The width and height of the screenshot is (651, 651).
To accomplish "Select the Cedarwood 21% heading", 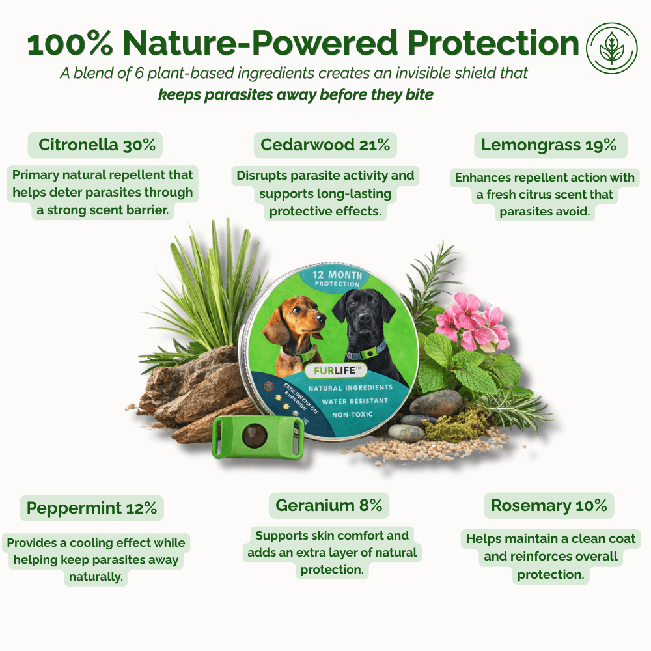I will [325, 145].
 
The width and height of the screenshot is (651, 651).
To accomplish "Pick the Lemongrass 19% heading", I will [549, 145].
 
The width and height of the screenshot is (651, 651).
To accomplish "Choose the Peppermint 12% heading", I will [92, 507].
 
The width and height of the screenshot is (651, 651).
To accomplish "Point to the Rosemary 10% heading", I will [549, 505].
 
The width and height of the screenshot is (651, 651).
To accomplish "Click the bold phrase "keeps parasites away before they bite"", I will [296, 94].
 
